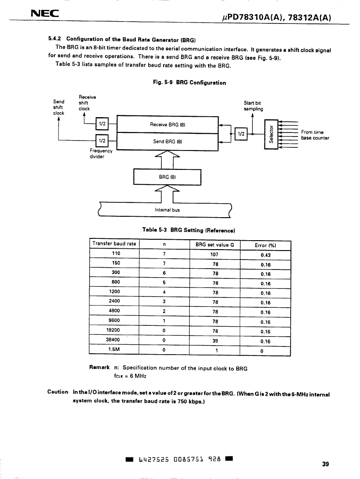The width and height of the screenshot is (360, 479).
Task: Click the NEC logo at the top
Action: [45, 14]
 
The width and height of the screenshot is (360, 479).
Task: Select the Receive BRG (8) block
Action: [168, 124]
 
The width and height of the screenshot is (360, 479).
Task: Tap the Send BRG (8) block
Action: [168, 141]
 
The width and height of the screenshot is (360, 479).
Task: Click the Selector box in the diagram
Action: [270, 134]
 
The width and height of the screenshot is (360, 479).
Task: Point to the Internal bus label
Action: [167, 210]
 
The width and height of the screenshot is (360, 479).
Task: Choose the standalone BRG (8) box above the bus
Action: [167, 177]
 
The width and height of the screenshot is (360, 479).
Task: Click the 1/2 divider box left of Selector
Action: [241, 134]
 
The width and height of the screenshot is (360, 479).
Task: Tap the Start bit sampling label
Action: [253, 106]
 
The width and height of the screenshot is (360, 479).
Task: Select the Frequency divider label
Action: [101, 153]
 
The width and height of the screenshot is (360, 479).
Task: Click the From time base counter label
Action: [315, 135]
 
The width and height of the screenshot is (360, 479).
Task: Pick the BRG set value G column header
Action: [214, 245]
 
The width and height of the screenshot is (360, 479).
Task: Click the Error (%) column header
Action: [265, 245]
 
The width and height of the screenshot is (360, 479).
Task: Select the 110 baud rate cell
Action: [116, 253]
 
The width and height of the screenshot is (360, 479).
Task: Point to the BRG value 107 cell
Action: [214, 255]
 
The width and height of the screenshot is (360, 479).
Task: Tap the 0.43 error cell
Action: [265, 255]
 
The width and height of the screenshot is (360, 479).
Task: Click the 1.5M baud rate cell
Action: [114, 349]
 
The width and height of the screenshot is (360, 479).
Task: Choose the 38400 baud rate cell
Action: [113, 340]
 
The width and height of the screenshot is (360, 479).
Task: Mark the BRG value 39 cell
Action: [215, 341]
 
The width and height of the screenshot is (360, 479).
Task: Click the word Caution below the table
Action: [58, 392]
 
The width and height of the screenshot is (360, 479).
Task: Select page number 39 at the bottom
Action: [325, 464]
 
